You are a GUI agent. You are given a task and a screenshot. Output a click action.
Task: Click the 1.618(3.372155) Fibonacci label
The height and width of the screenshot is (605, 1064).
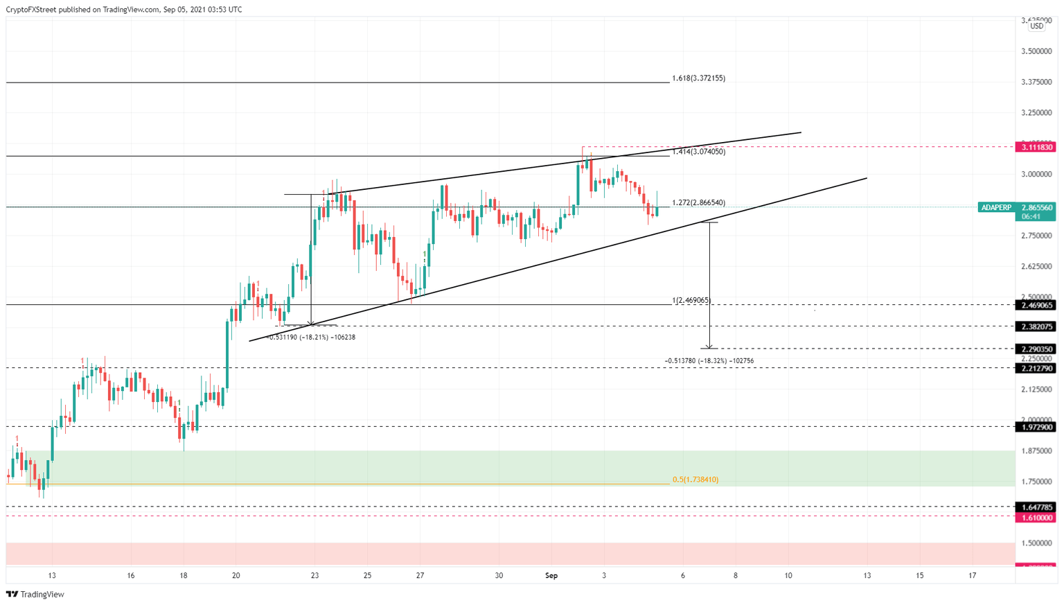tap(698, 78)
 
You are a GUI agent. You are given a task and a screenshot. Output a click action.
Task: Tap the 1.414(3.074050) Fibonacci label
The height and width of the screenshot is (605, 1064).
tap(698, 152)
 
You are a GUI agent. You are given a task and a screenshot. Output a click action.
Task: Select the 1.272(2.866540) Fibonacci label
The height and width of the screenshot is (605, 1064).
tap(698, 203)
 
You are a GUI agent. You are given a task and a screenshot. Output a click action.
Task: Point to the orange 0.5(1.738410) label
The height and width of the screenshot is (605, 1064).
tap(695, 480)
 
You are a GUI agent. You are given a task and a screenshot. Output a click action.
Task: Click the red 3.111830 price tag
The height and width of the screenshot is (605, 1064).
tap(1036, 147)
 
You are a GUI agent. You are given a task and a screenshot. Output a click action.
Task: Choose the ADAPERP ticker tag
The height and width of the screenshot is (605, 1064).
tap(996, 207)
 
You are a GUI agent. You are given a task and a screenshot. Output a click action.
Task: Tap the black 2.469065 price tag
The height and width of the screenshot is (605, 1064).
tap(1036, 305)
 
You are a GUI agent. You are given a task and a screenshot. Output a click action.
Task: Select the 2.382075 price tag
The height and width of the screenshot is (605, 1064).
tap(1036, 326)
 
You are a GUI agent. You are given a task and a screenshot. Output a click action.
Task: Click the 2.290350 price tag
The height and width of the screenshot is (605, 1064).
tap(1036, 349)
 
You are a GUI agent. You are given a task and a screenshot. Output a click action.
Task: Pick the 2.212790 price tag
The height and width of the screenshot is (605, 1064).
tap(1036, 369)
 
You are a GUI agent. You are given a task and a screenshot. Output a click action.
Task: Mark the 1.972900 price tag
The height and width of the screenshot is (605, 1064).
tap(1036, 428)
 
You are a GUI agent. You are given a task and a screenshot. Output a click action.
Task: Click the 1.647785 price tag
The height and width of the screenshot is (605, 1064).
tap(1036, 507)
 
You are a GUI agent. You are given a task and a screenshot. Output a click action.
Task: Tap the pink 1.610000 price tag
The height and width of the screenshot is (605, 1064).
tap(1036, 518)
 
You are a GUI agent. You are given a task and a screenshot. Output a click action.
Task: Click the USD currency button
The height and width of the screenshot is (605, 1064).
tap(1036, 26)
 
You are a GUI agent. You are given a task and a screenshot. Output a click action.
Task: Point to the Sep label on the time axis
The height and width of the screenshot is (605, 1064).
tap(551, 576)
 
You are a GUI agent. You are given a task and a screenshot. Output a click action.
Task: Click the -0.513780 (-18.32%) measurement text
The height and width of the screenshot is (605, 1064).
tap(709, 361)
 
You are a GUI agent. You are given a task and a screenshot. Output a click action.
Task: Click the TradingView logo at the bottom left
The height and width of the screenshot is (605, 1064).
tap(35, 595)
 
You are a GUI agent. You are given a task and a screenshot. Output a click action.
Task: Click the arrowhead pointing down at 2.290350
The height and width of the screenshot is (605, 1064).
tap(709, 346)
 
